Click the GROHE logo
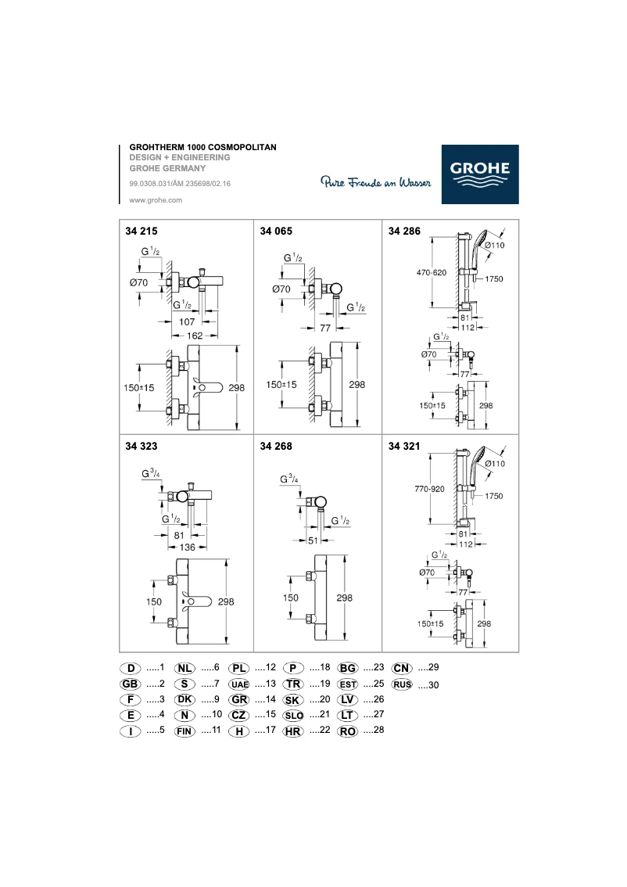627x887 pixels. [x=479, y=174]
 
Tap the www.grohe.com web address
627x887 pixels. [x=155, y=200]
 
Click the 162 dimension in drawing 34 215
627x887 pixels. [x=194, y=335]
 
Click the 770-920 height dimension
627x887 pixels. [x=429, y=489]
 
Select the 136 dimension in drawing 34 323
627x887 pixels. [x=188, y=547]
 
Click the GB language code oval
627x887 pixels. [x=130, y=684]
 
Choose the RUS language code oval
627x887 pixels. [x=402, y=684]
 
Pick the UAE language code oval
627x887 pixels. [x=239, y=684]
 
